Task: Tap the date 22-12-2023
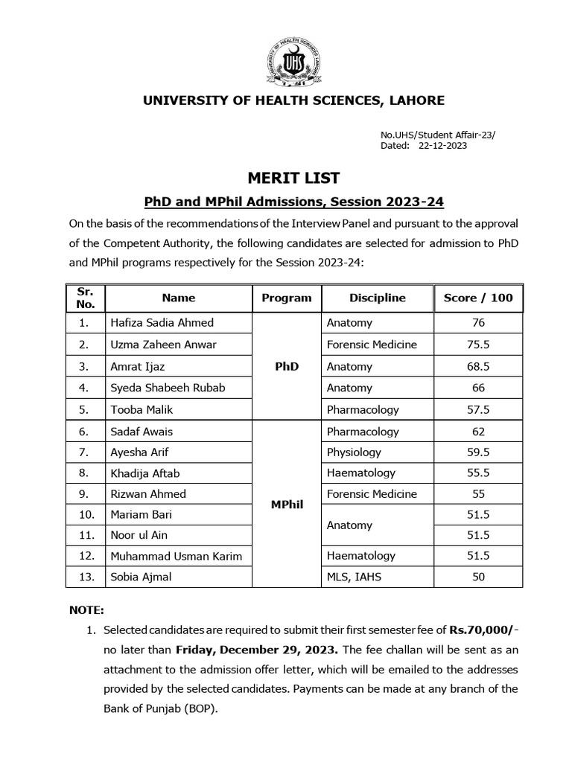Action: point(443,146)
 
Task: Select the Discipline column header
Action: point(377,298)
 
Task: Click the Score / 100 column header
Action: point(478,298)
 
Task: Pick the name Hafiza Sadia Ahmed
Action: point(162,323)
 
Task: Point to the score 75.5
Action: point(478,345)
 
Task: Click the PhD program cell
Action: point(287,366)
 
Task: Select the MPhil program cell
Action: point(287,505)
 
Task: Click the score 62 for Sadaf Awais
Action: point(478,432)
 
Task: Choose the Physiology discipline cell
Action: point(354,452)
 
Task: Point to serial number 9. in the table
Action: point(83,494)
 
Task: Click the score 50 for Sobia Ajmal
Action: point(478,577)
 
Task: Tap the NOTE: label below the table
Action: point(87,609)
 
